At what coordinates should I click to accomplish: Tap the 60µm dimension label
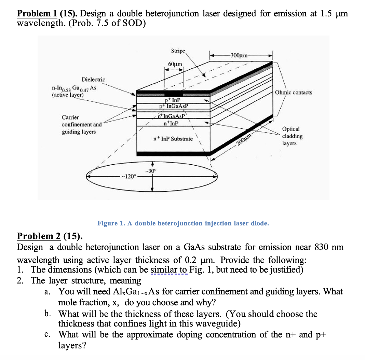coord(175,64)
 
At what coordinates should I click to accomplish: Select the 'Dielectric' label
coord(93,79)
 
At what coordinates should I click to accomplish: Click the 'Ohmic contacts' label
coord(294,93)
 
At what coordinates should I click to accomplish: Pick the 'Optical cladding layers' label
coord(292,136)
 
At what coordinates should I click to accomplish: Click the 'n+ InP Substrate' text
coord(173,139)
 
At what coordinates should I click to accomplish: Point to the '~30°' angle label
coord(150,170)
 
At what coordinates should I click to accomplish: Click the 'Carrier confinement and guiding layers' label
coord(81,124)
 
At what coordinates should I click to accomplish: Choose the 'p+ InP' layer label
coord(173,100)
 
